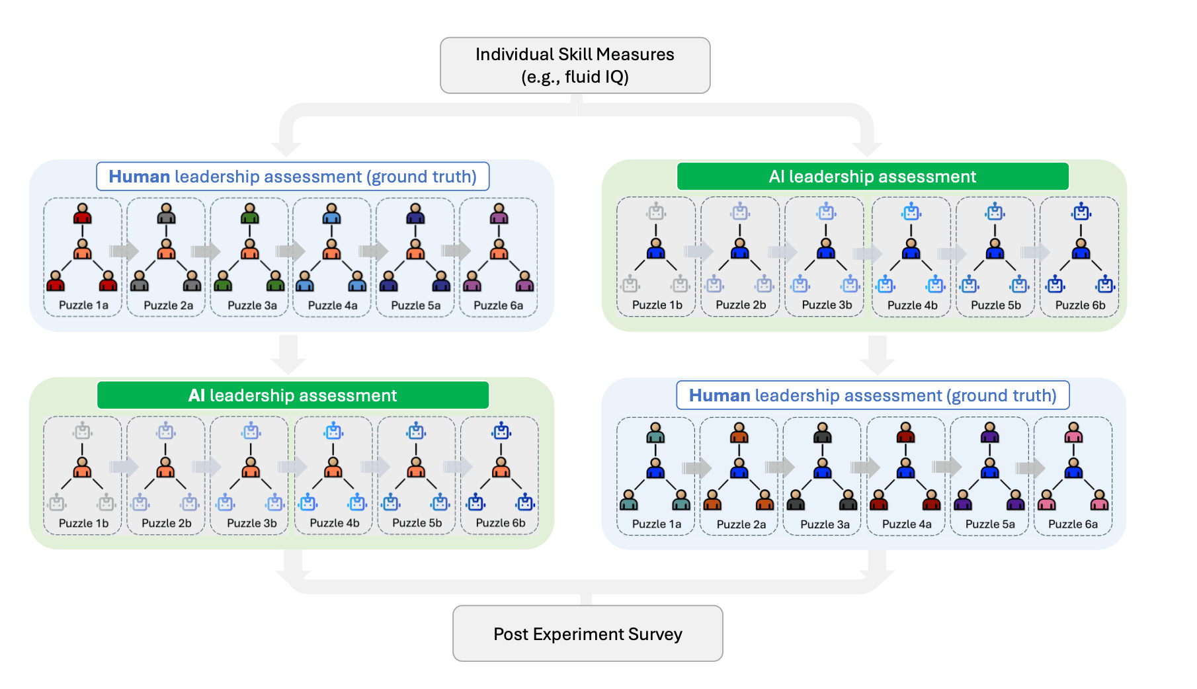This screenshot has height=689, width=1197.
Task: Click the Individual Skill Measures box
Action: click(575, 65)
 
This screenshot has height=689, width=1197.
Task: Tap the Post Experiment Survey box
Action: click(587, 633)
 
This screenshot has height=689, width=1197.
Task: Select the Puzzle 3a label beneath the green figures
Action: click(252, 305)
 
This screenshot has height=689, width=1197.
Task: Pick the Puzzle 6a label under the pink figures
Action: click(1073, 524)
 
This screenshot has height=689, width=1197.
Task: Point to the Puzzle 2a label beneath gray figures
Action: click(168, 305)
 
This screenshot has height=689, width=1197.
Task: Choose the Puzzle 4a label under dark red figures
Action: click(907, 524)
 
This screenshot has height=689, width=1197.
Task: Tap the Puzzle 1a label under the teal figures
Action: click(656, 524)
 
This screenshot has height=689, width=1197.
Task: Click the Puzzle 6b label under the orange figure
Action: click(501, 523)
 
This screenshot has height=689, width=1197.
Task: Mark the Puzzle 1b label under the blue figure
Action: click(657, 305)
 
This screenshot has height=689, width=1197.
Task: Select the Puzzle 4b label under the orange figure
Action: click(335, 523)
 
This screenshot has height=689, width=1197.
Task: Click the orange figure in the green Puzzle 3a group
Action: click(250, 249)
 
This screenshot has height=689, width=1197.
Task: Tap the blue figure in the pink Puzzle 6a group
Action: click(1073, 469)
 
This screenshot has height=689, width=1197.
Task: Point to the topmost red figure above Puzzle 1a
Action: click(83, 214)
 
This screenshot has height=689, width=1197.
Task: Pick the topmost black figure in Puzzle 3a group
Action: click(823, 433)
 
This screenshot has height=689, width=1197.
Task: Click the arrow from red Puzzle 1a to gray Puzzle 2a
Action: click(124, 251)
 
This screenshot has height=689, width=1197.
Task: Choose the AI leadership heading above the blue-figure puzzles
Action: click(872, 177)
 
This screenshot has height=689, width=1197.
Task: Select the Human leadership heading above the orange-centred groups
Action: click(292, 177)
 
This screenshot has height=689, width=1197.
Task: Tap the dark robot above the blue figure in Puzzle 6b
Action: click(1081, 212)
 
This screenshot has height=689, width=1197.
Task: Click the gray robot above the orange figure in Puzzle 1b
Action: click(83, 431)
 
